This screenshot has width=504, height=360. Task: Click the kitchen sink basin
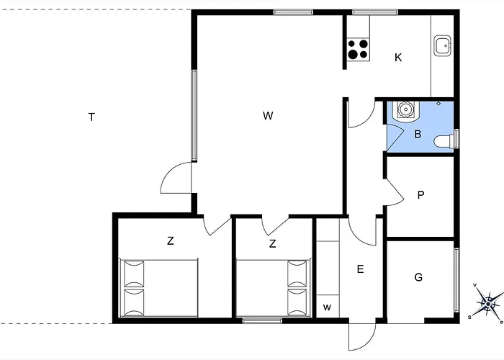tap(442, 45)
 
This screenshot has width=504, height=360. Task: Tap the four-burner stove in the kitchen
tap(358, 49)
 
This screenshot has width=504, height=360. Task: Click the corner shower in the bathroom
tap(405, 110)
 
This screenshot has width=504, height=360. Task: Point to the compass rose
tap(488, 303)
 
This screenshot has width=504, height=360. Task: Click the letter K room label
tap(398, 58)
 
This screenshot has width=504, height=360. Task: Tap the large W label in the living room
tap(268, 115)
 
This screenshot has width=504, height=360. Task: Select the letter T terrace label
tap(91, 117)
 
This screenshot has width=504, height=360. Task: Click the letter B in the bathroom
tap(418, 134)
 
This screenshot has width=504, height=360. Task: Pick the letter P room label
tap(420, 195)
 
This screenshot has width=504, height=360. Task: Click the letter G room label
tap(418, 277)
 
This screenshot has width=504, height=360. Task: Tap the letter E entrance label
tap(360, 269)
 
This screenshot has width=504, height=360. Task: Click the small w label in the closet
tap(327, 307)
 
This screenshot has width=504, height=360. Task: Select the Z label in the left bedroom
tap(171, 240)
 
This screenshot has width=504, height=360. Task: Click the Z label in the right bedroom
tap(272, 243)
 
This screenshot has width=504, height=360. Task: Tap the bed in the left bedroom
tap(159, 288)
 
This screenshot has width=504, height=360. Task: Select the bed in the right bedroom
tap(274, 288)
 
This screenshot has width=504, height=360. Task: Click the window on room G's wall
tap(456, 280)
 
